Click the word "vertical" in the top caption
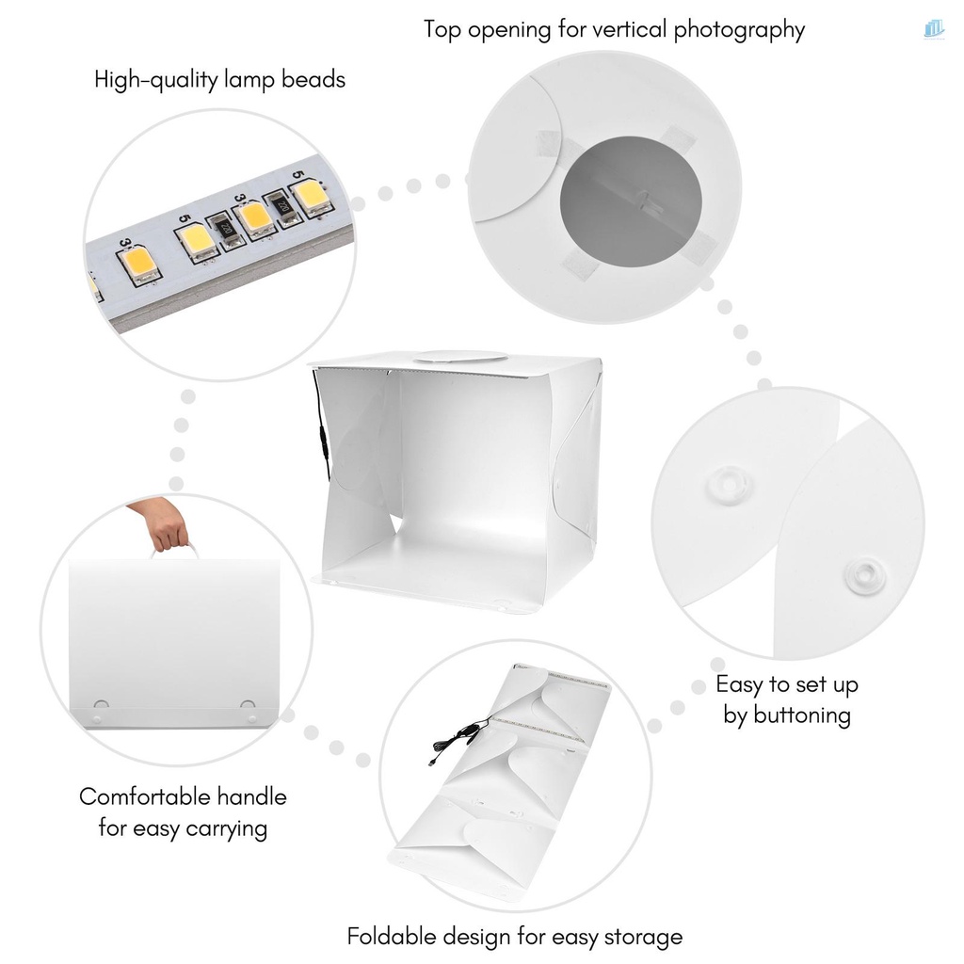click(x=629, y=29)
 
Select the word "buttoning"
click(x=787, y=715)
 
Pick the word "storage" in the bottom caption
click(x=642, y=937)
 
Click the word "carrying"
click(x=223, y=828)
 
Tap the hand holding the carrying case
click(x=162, y=523)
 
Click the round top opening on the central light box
click(x=461, y=357)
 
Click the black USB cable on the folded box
click(x=461, y=735)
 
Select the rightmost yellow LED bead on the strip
click(x=310, y=198)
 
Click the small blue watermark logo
click(x=934, y=30)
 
